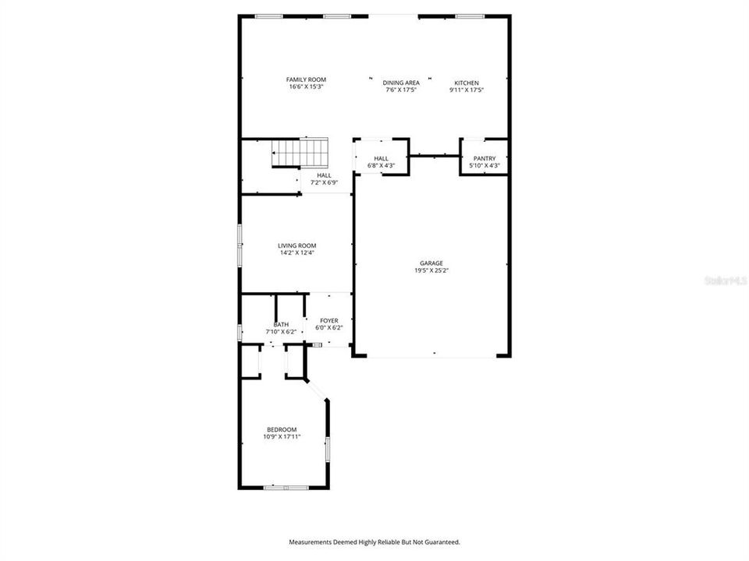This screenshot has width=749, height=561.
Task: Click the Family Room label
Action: (306, 79)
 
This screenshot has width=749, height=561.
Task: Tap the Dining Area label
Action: (401, 83)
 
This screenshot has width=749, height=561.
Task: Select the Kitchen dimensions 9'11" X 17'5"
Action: (467, 90)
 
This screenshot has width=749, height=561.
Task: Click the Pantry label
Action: (485, 158)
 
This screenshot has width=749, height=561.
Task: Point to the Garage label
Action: (431, 263)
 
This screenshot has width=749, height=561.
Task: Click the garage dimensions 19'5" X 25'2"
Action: (431, 270)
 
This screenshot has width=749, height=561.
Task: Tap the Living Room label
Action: (297, 245)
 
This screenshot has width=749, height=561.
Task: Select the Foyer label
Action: (329, 321)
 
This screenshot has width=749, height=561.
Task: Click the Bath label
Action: (282, 325)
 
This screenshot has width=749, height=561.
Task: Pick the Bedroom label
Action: (282, 429)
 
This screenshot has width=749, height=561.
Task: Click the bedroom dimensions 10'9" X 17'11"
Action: (282, 436)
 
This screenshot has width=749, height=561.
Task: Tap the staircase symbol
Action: (300, 153)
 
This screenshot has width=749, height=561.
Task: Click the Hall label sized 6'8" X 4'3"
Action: (382, 158)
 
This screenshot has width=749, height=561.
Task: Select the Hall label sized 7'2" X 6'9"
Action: (325, 175)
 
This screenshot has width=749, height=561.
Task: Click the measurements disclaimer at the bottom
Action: (374, 542)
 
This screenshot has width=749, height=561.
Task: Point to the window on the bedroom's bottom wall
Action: (286, 488)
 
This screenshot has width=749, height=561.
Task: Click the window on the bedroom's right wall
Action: (328, 449)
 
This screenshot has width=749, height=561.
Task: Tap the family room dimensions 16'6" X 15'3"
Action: (306, 86)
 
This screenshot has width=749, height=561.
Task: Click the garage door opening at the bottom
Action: (431, 356)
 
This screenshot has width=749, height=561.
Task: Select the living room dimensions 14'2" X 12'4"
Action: (297, 252)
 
